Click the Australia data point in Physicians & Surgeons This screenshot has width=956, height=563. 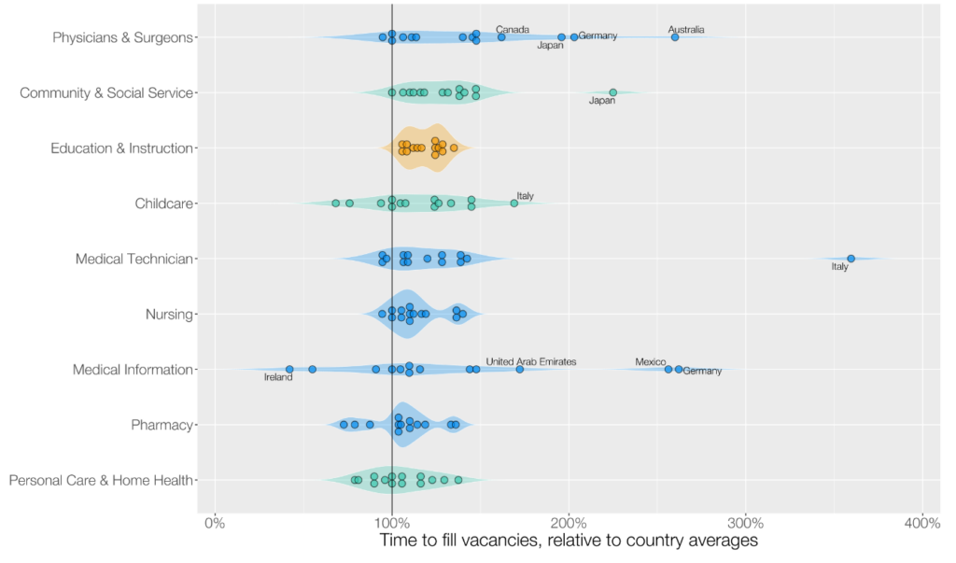tap(675, 37)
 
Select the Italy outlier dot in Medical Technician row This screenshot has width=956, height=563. tap(851, 259)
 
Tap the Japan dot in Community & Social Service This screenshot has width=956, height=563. tap(613, 92)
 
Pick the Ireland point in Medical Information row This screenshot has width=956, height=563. tap(289, 370)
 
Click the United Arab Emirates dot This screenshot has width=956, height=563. tap(520, 370)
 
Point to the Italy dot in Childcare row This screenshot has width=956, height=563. tap(514, 203)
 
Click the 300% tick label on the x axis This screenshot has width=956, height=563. tap(745, 522)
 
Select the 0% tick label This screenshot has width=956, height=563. tap(215, 522)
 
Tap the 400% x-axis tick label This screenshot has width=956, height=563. tap(922, 522)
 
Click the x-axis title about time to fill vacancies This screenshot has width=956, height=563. tap(569, 542)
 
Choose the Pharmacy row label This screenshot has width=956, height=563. tap(162, 426)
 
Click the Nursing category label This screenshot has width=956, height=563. tap(169, 315)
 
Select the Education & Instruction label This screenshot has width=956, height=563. tap(121, 148)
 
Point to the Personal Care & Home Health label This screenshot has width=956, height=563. tap(101, 481)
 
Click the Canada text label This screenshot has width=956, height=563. tap(513, 30)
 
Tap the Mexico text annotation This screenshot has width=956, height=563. tap(651, 361)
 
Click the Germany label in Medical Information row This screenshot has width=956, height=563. tap(702, 372)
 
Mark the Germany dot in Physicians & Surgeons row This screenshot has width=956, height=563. tap(574, 37)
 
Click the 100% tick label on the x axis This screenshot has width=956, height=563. tap(391, 522)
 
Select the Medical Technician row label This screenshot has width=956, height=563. tap(134, 260)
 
